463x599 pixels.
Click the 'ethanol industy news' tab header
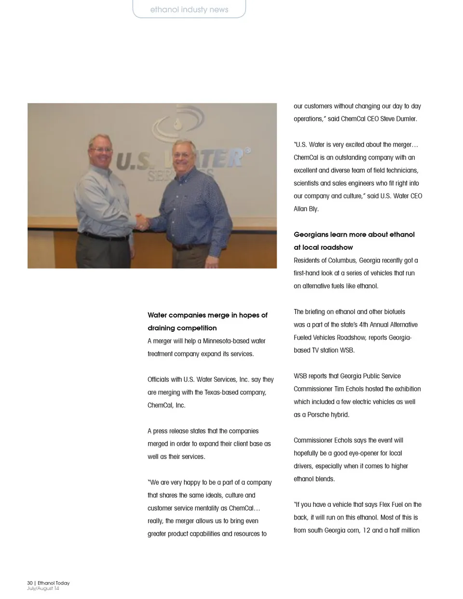(x=189, y=10)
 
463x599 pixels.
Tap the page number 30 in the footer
(x=30, y=583)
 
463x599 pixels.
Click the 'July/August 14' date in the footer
(x=43, y=588)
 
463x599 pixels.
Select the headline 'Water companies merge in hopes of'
(x=207, y=315)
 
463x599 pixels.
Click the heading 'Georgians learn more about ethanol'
(x=354, y=234)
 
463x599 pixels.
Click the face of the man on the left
(x=101, y=150)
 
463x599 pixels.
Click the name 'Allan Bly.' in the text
(x=306, y=209)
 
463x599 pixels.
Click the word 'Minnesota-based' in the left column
(x=227, y=341)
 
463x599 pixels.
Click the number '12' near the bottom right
(x=367, y=531)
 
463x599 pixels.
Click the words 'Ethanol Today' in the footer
(x=54, y=583)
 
